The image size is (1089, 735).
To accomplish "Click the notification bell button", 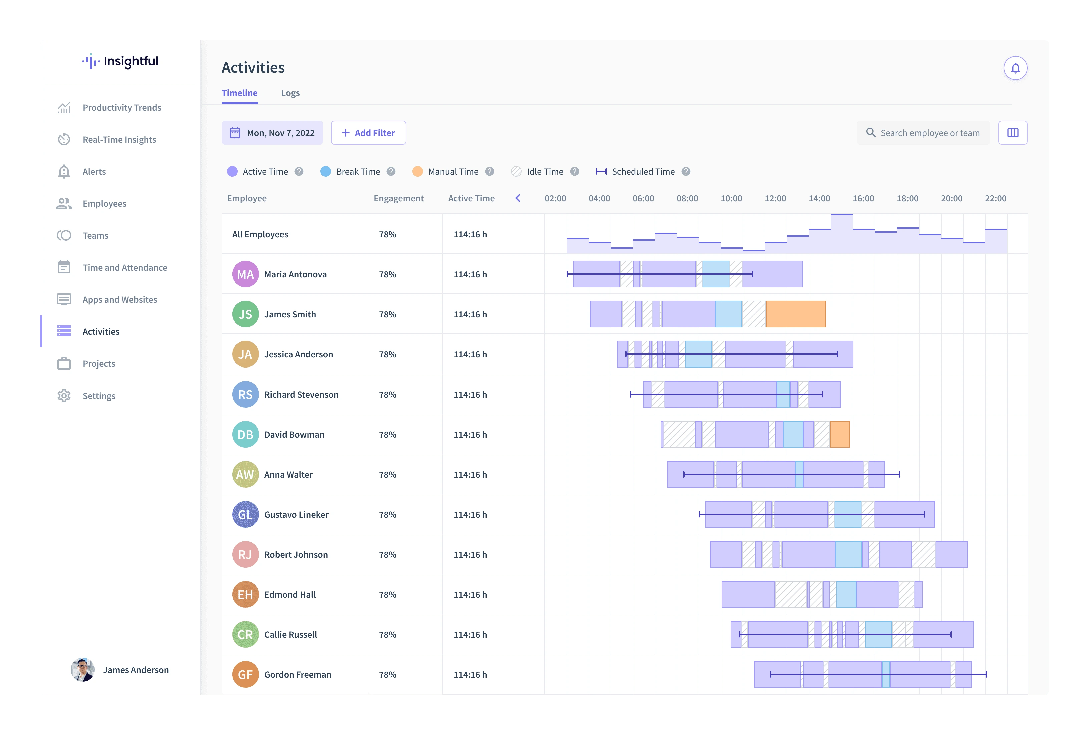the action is coord(1015,68).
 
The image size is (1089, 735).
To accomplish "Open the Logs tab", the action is coord(290,93).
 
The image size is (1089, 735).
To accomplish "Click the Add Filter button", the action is coord(368,133).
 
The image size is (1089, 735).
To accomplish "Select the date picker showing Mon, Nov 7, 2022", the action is coord(272,133).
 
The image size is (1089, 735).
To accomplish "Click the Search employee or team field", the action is coord(923,133).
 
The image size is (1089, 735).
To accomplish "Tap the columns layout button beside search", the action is coord(1013,133).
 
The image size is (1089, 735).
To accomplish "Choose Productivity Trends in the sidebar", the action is coord(122,108).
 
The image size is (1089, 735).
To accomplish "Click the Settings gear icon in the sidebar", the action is coord(64,396).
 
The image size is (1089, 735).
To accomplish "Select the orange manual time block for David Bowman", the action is coord(840,434).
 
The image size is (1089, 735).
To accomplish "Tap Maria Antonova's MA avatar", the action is coord(245,274).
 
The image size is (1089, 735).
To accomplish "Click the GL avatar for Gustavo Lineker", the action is coord(245,514).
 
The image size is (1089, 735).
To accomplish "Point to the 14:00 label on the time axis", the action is coord(819,199).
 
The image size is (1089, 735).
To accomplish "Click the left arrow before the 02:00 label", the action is coord(518,198).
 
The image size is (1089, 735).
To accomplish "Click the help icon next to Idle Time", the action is coord(575,172).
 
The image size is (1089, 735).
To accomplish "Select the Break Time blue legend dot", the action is coord(326,172).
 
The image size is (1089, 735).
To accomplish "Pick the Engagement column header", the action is coord(398,199).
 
